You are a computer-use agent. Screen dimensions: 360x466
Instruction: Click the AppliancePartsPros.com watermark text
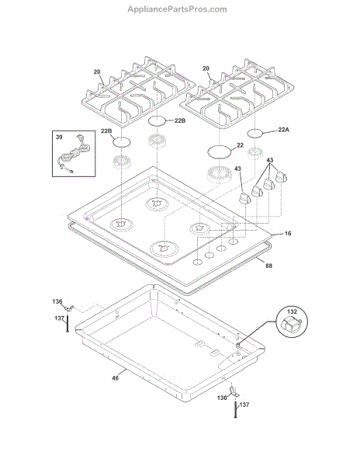tap(177, 9)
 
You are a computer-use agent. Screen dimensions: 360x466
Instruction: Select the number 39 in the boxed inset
tap(59, 137)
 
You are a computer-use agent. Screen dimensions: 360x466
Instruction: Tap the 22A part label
tap(283, 130)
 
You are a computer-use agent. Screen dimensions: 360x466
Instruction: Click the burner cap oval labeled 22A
tap(254, 134)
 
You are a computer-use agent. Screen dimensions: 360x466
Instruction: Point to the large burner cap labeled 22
tap(219, 152)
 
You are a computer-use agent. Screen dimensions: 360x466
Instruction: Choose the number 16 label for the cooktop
tap(288, 233)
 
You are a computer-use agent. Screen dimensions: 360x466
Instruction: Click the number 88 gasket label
tap(268, 266)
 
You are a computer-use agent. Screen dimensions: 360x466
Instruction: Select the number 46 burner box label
tap(115, 378)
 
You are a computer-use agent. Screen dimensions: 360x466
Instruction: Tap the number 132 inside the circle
tap(292, 311)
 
